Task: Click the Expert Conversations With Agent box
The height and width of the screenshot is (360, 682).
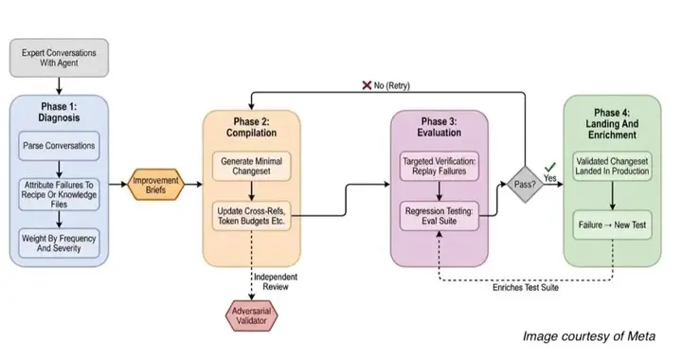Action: coord(59,58)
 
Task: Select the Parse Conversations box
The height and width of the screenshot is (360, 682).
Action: coord(59,146)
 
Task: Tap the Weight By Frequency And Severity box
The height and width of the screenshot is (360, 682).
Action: coord(59,243)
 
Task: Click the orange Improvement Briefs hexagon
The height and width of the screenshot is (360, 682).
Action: coord(155,185)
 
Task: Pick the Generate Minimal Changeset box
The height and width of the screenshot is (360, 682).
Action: coord(251,166)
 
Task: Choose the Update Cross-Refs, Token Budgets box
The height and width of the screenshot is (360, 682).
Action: coord(251,216)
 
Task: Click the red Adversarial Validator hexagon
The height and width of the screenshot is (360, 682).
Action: coord(251,316)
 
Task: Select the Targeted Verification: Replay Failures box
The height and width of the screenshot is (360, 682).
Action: coord(440,166)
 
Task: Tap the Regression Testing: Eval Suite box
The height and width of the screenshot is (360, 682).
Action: coord(440,216)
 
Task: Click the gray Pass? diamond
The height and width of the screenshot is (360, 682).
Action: coord(525,185)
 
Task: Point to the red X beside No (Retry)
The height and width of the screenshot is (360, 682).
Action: coord(367,85)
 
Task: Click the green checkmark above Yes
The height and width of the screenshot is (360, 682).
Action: coord(550,167)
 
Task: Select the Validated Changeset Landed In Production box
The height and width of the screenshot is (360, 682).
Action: coord(612,166)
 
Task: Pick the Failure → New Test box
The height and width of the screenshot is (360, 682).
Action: coord(612,225)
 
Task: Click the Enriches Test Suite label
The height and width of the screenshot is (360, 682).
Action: coord(526,287)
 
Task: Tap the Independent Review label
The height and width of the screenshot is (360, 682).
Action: coord(276,281)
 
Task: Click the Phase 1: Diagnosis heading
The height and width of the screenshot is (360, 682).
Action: coord(59,112)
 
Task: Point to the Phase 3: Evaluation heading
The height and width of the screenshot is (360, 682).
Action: coord(440,127)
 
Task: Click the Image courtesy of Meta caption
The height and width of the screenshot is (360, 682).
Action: coord(589,336)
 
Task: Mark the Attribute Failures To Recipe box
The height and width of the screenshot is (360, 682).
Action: coord(59,194)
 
